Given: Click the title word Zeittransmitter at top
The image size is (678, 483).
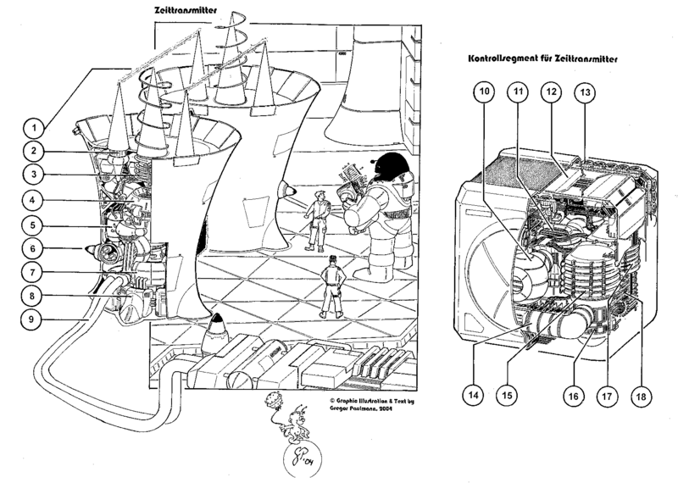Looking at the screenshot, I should tap(185, 13).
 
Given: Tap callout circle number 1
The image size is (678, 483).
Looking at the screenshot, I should tap(33, 129).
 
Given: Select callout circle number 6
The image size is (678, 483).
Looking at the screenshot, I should tap(33, 250).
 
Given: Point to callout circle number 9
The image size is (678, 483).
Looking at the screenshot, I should tap(33, 320).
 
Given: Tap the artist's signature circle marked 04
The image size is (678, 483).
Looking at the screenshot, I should tap(298, 463).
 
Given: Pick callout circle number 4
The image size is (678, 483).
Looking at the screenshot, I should tap(33, 201).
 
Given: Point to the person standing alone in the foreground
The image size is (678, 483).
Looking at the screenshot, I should tap(332, 286).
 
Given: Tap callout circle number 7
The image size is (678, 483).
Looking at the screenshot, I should tap(33, 274).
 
